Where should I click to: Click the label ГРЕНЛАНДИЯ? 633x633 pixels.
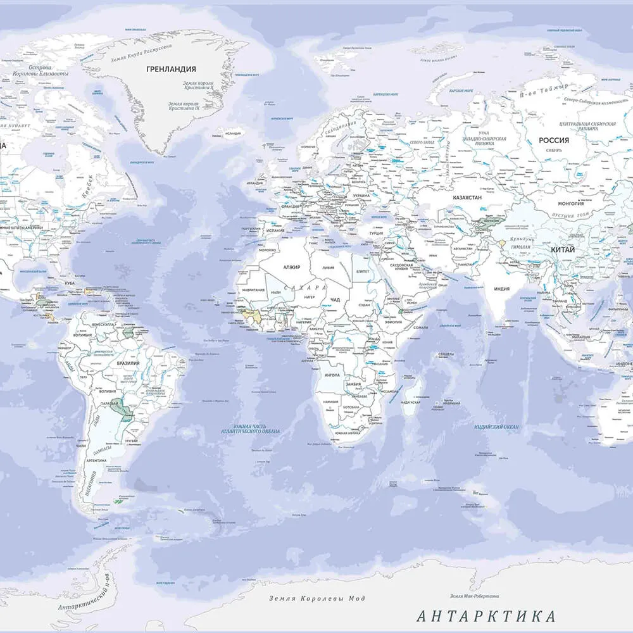pos(171,69)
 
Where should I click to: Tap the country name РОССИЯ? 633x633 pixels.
pos(553,141)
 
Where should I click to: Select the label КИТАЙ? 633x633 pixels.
pos(563,250)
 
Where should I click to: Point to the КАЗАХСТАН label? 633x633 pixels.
pos(467,197)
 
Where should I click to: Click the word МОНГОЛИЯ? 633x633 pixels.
pos(570,204)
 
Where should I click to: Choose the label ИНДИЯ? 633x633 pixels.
pos(501,289)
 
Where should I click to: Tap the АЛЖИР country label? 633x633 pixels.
pos(292,268)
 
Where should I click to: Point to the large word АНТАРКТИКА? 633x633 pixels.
pos(486,616)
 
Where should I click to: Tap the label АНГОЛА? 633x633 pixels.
pos(332,375)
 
